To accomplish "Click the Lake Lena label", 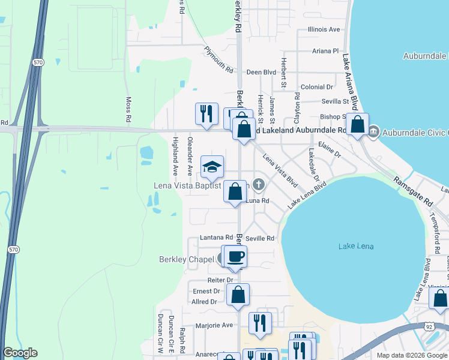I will click(355, 247).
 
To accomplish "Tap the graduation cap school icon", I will click(212, 167).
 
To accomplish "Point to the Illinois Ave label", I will click(323, 29).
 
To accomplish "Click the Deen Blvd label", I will click(261, 72).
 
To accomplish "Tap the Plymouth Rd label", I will click(218, 60).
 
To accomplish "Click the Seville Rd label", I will click(260, 238).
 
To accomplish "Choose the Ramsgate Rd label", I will click(413, 191).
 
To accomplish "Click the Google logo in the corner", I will click(20, 353).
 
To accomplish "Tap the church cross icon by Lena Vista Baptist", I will click(259, 184).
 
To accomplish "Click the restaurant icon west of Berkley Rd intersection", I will click(206, 113).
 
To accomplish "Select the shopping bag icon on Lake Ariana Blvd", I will click(357, 125).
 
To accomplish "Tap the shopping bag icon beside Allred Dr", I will click(238, 295).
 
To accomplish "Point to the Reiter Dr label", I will click(221, 280).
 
